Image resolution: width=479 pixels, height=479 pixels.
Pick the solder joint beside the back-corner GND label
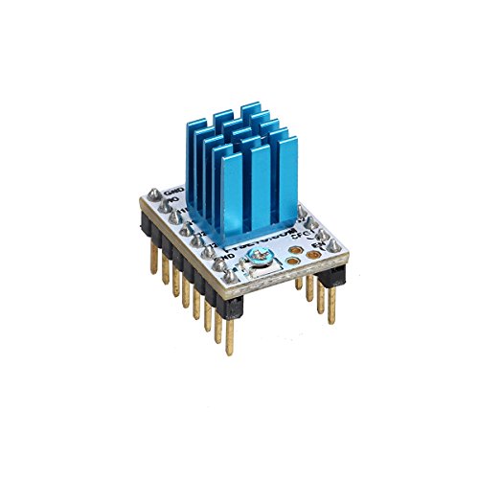tap(160, 204)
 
